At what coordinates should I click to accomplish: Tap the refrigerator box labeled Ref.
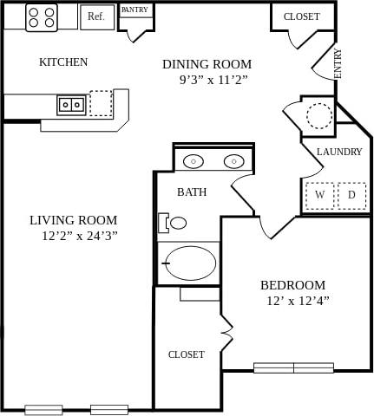(x=96, y=16)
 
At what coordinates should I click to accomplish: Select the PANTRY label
(x=135, y=10)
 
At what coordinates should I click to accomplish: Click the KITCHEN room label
(x=63, y=62)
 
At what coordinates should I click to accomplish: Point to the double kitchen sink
(x=71, y=105)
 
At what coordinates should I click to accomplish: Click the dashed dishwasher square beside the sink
(x=101, y=103)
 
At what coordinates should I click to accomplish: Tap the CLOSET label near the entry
(x=301, y=16)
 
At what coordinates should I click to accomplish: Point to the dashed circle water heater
(x=318, y=115)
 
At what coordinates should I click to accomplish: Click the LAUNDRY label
(x=339, y=152)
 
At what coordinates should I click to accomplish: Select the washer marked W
(x=319, y=195)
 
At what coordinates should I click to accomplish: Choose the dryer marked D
(x=351, y=195)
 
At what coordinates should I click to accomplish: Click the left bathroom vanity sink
(x=194, y=161)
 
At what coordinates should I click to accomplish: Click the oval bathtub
(x=190, y=263)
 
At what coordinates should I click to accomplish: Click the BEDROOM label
(x=292, y=285)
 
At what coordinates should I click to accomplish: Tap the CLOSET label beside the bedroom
(x=186, y=354)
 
